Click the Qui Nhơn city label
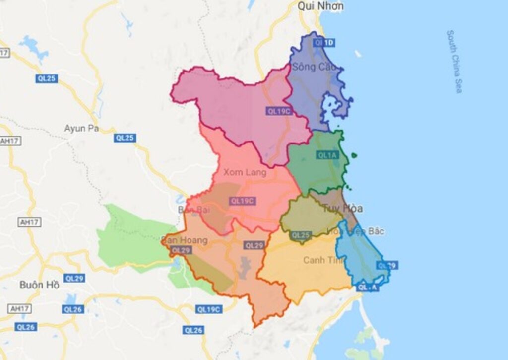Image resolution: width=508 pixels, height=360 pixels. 320,6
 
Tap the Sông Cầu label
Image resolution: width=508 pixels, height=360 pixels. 311,66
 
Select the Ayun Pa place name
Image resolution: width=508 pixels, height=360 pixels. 81,128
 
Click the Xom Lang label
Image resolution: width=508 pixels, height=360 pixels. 245,172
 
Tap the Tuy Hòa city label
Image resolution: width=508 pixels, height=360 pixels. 342,208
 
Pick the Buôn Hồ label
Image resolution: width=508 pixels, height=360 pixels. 39,285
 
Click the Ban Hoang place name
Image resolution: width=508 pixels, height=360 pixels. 184,240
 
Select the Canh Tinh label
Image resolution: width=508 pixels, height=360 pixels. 324,260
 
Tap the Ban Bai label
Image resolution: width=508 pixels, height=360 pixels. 190,210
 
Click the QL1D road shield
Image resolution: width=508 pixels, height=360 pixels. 324,43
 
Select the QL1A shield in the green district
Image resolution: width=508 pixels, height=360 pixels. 327,155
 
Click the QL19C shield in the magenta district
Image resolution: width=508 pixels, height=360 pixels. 278,111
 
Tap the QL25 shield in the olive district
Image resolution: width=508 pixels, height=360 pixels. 301,235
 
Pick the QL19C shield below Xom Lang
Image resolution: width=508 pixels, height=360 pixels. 242,201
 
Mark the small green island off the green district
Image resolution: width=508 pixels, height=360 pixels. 354,155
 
